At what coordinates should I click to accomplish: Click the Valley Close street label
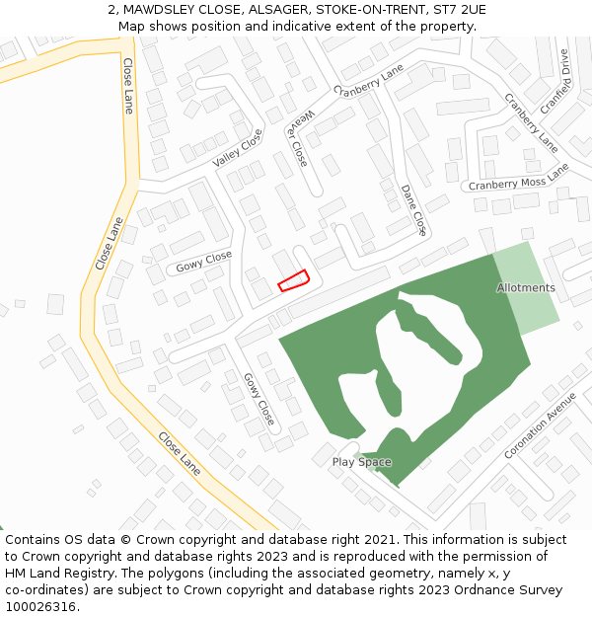(238, 147)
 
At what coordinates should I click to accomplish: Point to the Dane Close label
(413, 209)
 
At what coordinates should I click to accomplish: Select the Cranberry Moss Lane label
(519, 179)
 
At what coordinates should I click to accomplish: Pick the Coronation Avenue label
(540, 425)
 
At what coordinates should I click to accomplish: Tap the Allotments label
(526, 288)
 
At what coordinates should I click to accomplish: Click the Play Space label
(361, 462)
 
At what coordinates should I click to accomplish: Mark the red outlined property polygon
(293, 281)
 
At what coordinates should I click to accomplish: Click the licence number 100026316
(42, 607)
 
